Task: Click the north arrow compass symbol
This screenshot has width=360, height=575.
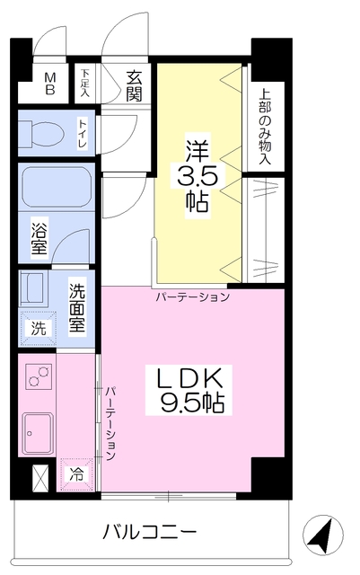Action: pos(323,535)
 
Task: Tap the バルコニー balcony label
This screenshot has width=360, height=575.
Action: pos(150,532)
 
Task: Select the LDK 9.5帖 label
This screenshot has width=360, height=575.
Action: pos(189,390)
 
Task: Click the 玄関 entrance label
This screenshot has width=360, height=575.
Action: pos(134,86)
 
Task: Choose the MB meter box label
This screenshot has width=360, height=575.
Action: pos(50,84)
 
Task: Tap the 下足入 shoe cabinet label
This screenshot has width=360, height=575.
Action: pos(85,83)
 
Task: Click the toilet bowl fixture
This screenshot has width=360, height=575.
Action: pos(41,131)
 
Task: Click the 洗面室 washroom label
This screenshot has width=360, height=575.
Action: pos(77,308)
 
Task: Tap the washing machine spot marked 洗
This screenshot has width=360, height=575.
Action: pos(38,328)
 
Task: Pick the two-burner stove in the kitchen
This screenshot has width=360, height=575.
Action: pos(39,376)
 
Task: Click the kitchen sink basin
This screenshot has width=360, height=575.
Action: pos(38,433)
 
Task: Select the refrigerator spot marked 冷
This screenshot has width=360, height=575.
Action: pos(76,474)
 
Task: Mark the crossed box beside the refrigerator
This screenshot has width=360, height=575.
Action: pos(40,477)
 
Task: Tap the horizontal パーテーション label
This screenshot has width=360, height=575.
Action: pos(193,296)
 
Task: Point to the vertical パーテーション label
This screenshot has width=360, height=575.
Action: pos(110,423)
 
